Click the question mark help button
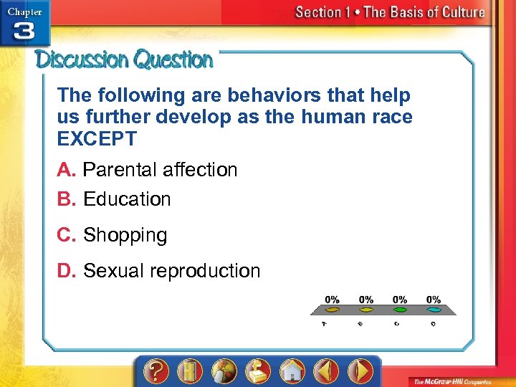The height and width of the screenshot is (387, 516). click(x=156, y=371)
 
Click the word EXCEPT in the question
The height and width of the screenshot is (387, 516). click(x=97, y=139)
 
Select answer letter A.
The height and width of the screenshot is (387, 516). click(x=67, y=170)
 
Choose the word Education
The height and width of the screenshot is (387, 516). click(x=127, y=199)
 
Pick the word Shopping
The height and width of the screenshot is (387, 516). click(x=125, y=235)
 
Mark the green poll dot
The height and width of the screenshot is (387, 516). click(x=400, y=310)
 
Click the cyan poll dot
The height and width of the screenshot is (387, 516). click(x=433, y=310)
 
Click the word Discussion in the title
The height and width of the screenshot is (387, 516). click(x=82, y=59)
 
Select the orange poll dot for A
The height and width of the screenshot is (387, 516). click(x=333, y=310)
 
